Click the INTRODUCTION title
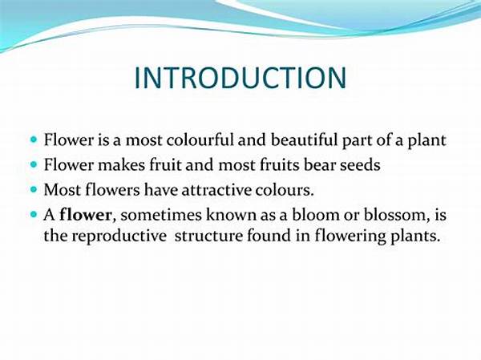pyautogui.click(x=240, y=78)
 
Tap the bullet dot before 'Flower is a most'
pyautogui.click(x=34, y=139)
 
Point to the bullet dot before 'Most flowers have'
pyautogui.click(x=34, y=190)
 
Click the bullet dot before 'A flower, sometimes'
pyautogui.click(x=34, y=215)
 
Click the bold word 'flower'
pyautogui.click(x=84, y=216)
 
